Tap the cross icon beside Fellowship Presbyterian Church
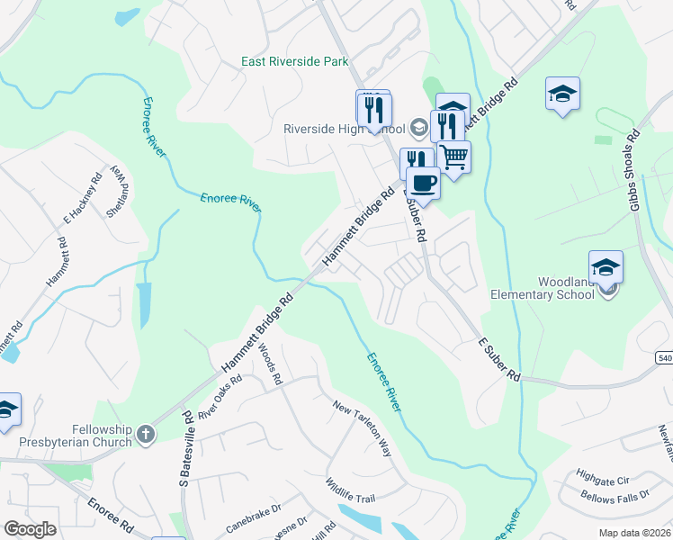pyautogui.click(x=146, y=436)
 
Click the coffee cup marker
pyautogui.click(x=423, y=183)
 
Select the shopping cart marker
pyautogui.click(x=454, y=157)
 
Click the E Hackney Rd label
pyautogui.click(x=85, y=201)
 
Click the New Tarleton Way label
pyautogui.click(x=363, y=429)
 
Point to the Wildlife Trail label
pyautogui.click(x=350, y=491)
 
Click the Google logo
pyautogui.click(x=31, y=529)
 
